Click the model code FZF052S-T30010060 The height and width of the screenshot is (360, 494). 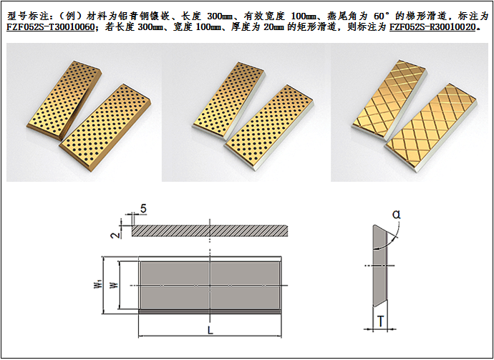50,27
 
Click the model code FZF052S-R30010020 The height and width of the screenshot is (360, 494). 432,27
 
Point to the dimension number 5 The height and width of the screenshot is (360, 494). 143,209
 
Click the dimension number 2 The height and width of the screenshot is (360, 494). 116,234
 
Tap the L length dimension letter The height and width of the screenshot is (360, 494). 210,330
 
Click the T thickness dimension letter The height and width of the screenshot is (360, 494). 381,321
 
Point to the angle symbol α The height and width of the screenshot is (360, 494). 397,215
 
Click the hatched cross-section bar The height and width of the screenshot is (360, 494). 210,230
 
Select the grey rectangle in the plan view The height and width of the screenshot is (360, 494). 210,286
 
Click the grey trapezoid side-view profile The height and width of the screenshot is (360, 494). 380,266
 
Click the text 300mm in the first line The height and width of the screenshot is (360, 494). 221,16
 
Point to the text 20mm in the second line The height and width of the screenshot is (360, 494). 274,27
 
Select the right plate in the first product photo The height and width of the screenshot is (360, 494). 105,127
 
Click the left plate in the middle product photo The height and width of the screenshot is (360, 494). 229,101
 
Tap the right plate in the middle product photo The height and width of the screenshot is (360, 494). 268,127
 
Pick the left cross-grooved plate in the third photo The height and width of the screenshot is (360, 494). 389,100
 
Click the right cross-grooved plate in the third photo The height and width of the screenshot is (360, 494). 431,127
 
